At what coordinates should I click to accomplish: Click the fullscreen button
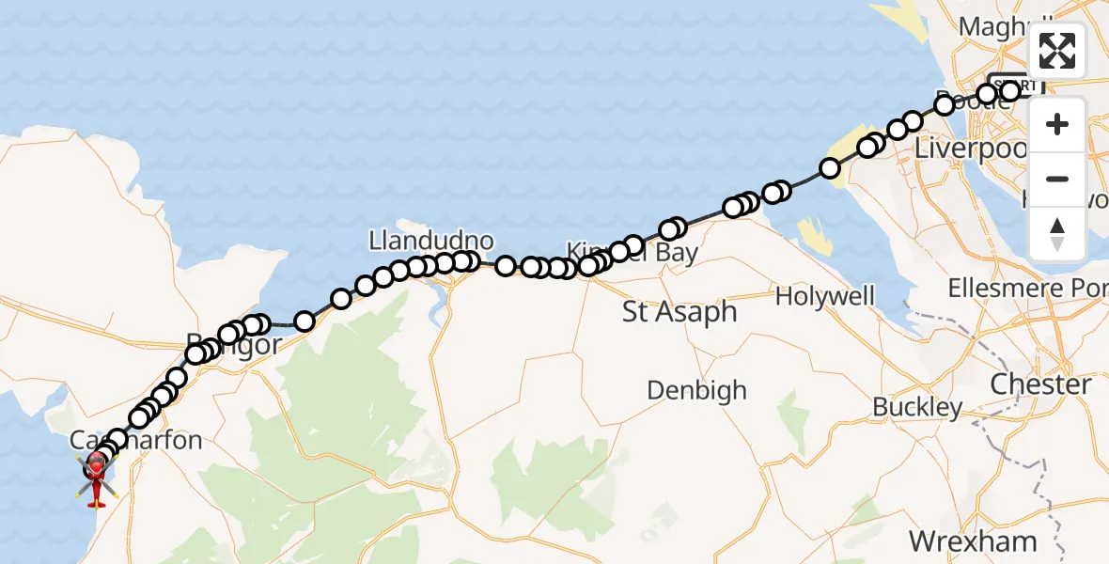pos(1057,51)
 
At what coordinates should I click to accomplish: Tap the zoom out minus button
pos(1057,179)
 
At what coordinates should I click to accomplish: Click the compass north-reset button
pos(1057,234)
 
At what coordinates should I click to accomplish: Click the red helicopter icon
pos(97,467)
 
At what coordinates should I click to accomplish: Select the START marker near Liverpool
pos(1015,84)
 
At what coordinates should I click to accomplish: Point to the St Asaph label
pos(679,312)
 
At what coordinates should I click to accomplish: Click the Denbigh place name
pos(696,389)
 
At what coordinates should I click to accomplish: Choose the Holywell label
pos(825,297)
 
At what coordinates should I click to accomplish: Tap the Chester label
pos(1041,384)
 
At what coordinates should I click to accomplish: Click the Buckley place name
pos(917,407)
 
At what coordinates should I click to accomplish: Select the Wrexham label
pos(973,541)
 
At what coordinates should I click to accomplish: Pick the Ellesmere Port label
pos(1027,288)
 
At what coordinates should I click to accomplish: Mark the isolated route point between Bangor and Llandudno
pos(305,321)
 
